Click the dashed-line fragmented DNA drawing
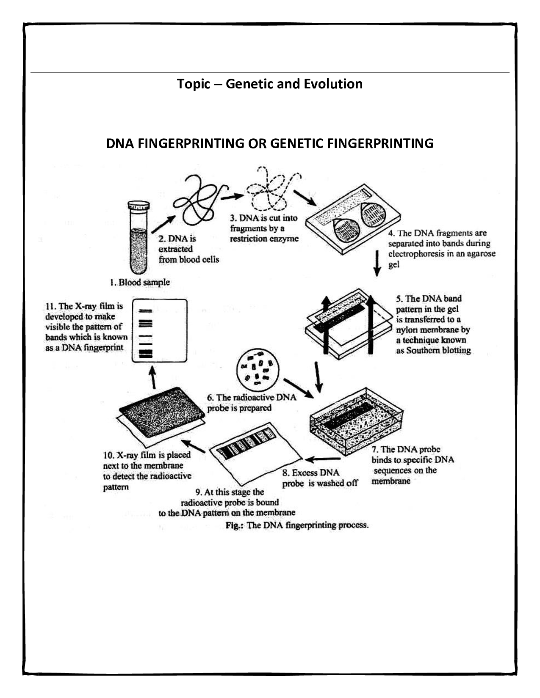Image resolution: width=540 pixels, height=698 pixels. tap(271, 190)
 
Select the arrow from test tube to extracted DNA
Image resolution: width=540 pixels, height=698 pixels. tap(163, 224)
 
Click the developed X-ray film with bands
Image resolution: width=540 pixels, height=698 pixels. tap(159, 330)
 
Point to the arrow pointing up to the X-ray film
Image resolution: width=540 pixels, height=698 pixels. tap(153, 376)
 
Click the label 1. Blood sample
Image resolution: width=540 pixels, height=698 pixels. tap(140, 282)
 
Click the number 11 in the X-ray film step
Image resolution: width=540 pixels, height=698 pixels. tap(50, 306)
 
